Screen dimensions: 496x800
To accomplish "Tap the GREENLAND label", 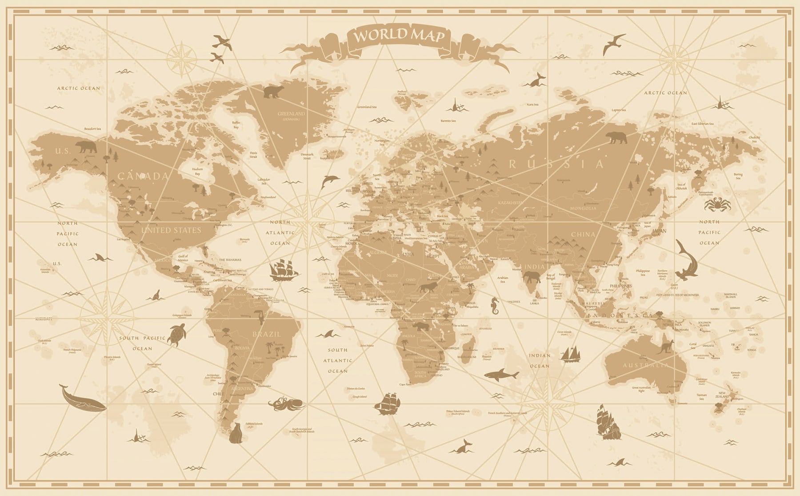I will pyautogui.click(x=291, y=114).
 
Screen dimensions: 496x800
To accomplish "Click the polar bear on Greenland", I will pyautogui.click(x=273, y=92).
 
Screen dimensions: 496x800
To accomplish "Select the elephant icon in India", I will pyautogui.click(x=532, y=278).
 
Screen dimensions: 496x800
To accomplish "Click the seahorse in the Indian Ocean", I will pyautogui.click(x=495, y=305).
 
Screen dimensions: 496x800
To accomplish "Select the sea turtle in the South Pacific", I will pyautogui.click(x=176, y=334).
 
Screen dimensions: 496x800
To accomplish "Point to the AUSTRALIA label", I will pyautogui.click(x=645, y=365).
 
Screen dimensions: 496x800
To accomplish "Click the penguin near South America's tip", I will pyautogui.click(x=235, y=433).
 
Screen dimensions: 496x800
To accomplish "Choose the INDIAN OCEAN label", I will pyautogui.click(x=539, y=361).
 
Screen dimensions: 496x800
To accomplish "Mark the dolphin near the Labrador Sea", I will pyautogui.click(x=330, y=180).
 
